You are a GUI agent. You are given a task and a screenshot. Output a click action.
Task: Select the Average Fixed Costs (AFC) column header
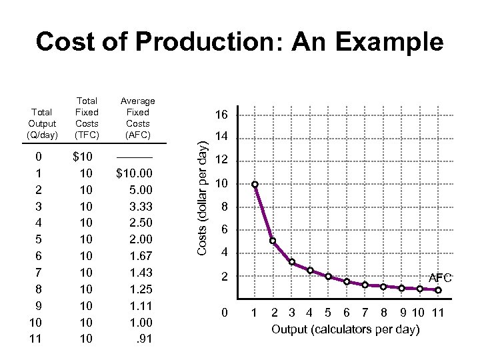[137, 117]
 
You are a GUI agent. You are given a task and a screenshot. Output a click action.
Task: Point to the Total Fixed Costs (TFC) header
[87, 117]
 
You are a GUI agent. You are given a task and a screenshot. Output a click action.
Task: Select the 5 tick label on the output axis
[327, 313]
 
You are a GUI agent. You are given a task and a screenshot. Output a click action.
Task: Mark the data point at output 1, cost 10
[255, 185]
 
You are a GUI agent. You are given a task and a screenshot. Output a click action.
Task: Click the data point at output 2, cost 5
[273, 241]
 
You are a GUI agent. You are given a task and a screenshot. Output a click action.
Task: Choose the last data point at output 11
[437, 290]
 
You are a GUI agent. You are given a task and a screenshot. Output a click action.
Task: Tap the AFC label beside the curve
[440, 277]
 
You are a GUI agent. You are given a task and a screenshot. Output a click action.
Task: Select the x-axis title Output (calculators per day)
[345, 330]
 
